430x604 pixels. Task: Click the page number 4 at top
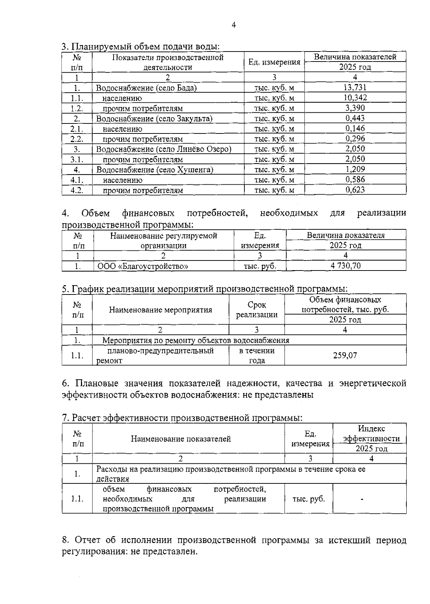(234, 25)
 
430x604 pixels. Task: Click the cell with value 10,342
(355, 98)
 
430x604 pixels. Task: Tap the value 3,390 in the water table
(355, 108)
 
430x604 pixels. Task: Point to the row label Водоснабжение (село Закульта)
(154, 118)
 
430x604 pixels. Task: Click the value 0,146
(355, 128)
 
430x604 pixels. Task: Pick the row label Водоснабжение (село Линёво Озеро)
(164, 149)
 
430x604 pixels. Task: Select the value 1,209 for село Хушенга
(355, 169)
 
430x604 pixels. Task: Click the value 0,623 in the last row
(355, 190)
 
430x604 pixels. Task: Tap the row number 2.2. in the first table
(77, 139)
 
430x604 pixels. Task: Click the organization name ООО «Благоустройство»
(143, 266)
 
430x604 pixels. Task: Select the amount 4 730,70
(345, 266)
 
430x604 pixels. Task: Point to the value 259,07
(345, 355)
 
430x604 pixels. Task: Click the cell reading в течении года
(257, 355)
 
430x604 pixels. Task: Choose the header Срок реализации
(257, 310)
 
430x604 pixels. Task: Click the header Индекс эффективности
(371, 433)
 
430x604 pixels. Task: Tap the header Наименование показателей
(181, 439)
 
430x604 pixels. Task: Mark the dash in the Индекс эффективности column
(362, 499)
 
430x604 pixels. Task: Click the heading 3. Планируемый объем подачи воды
(140, 47)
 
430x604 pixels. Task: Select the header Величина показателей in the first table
(355, 57)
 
